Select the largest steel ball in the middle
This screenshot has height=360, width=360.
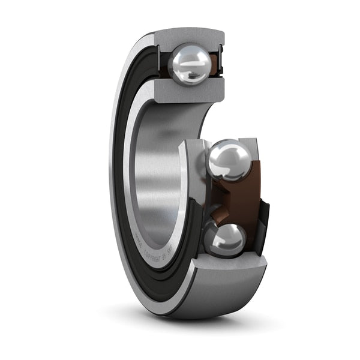point(230,160)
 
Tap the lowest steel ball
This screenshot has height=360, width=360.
point(225,239)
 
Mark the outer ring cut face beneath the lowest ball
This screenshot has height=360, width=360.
point(231,266)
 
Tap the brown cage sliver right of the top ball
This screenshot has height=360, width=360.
point(214,67)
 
